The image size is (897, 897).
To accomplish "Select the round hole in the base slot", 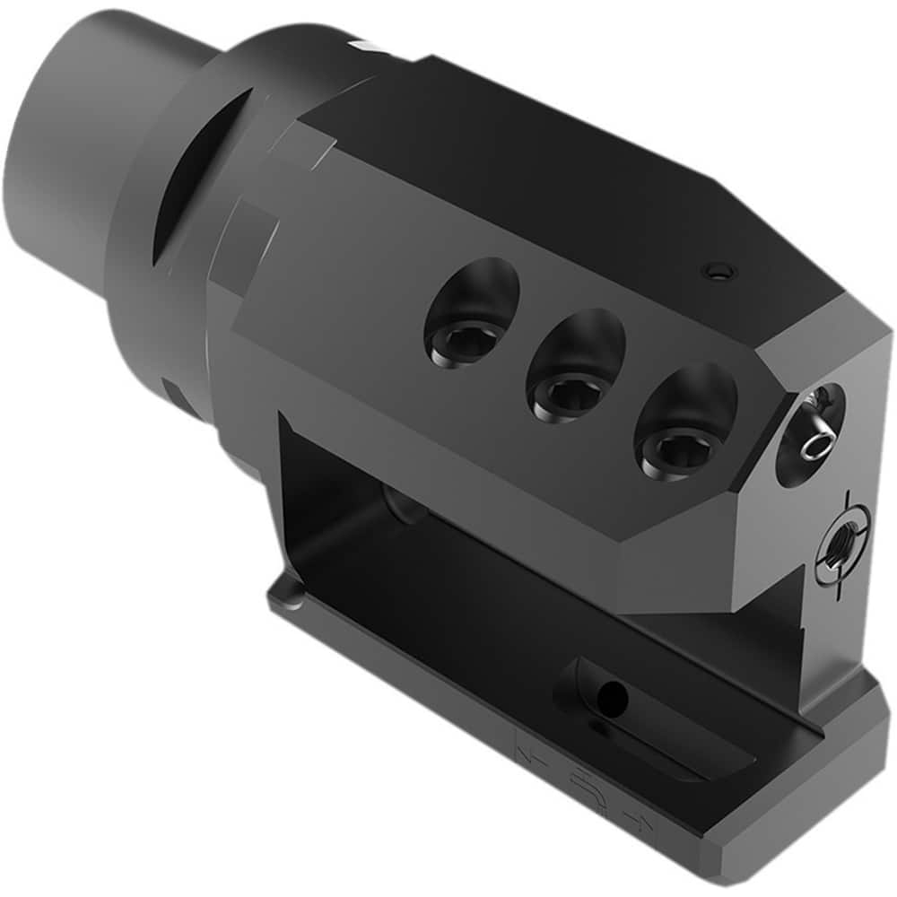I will tap(612, 692).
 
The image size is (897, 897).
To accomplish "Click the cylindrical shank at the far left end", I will tap(81, 135).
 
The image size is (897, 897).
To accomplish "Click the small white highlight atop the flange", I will tap(363, 45).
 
